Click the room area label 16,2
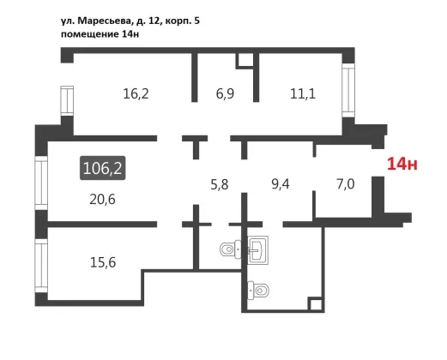pyautogui.click(x=136, y=93)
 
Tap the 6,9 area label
pyautogui.click(x=225, y=93)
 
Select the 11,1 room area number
pyautogui.click(x=303, y=93)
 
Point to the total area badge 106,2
pyautogui.click(x=102, y=168)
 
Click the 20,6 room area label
pyautogui.click(x=102, y=200)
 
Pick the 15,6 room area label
pyautogui.click(x=103, y=262)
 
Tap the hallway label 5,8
pyautogui.click(x=220, y=184)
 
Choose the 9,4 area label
pyautogui.click(x=281, y=184)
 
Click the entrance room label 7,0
pyautogui.click(x=346, y=184)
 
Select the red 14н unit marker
pyautogui.click(x=402, y=164)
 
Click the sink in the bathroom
pyautogui.click(x=258, y=250)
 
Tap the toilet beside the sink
pyautogui.click(x=231, y=249)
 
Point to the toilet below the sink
pyautogui.click(x=258, y=291)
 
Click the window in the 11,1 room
pyautogui.click(x=348, y=90)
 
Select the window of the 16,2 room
pyautogui.click(x=67, y=101)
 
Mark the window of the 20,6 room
pyautogui.click(x=41, y=183)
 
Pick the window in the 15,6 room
pyautogui.click(x=41, y=266)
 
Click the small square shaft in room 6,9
pyautogui.click(x=245, y=61)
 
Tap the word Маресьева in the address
pyautogui.click(x=105, y=21)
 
